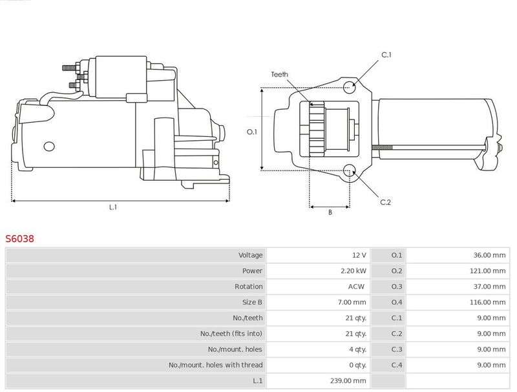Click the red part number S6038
19,238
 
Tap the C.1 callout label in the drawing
386,56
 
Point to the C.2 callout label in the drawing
385,202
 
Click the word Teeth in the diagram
279,74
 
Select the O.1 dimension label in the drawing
252,132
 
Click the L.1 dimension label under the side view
112,207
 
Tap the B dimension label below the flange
330,212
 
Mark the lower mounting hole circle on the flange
349,171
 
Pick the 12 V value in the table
359,255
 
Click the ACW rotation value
357,286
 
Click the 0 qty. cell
355,365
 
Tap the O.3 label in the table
397,286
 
